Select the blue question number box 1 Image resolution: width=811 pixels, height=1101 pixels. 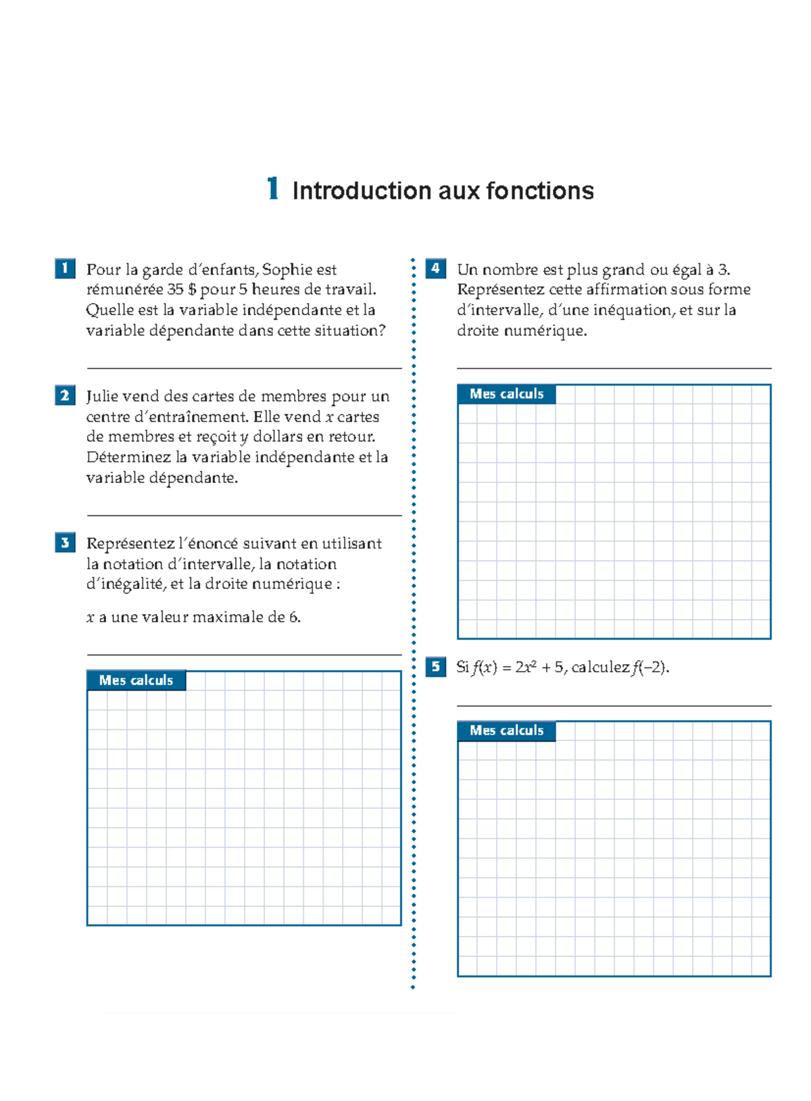coord(65,268)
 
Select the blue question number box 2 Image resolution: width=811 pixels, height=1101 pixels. coord(65,395)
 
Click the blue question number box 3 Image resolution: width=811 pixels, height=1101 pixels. coord(65,542)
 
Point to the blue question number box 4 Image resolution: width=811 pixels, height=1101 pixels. coord(435,268)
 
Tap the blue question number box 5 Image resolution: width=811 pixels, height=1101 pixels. coord(435,667)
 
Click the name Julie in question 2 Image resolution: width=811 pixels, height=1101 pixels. coord(102,396)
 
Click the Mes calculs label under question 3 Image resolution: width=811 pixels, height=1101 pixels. coord(136,680)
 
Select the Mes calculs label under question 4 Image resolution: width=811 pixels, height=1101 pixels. coord(506,394)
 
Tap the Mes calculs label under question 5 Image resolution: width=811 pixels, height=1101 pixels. coord(506,730)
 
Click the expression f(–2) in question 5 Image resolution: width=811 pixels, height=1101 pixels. coord(650,667)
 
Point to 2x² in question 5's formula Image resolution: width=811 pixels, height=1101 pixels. coord(526,667)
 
